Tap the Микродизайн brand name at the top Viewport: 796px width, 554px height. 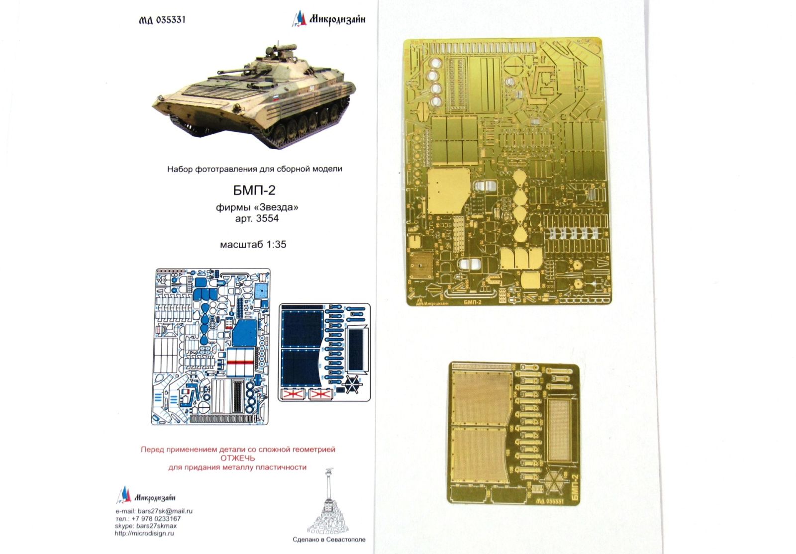pos(337,19)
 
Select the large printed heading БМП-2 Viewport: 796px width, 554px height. pos(254,189)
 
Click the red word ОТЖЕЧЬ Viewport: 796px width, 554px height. pos(237,458)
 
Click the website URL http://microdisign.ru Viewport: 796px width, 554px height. pos(144,533)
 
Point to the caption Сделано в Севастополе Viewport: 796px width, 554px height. pos(329,539)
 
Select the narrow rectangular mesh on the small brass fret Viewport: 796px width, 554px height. pos(558,430)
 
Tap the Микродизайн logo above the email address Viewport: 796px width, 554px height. pos(146,496)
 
